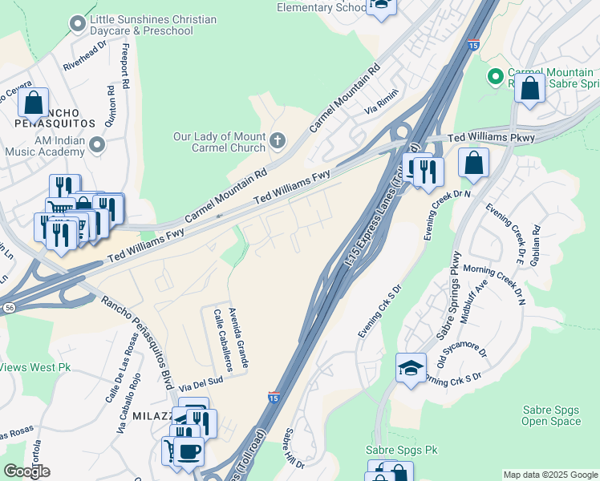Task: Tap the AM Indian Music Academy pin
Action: tap(98, 145)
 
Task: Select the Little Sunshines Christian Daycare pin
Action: tap(78, 24)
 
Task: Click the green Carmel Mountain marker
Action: tap(496, 78)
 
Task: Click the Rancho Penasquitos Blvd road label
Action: tap(136, 342)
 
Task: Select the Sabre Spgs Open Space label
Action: tap(550, 415)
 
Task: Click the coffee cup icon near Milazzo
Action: tap(189, 451)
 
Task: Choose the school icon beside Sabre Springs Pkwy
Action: tap(411, 369)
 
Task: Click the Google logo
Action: tap(26, 471)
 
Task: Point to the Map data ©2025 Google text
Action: tap(549, 475)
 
